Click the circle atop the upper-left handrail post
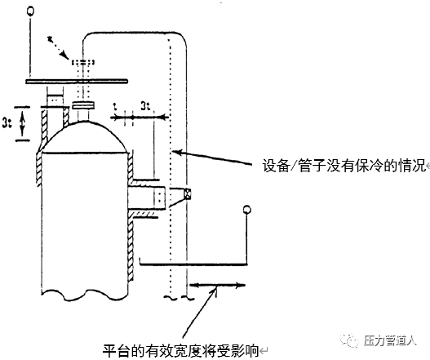[x=30, y=11]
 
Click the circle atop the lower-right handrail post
[x=246, y=210]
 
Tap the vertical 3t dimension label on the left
[x=7, y=122]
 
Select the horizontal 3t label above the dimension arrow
[x=145, y=106]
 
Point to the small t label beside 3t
[x=115, y=106]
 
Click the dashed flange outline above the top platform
[x=83, y=63]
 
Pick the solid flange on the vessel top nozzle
[x=83, y=105]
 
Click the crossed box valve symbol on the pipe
[x=188, y=193]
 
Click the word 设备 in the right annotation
[x=276, y=166]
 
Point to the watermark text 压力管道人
[x=390, y=341]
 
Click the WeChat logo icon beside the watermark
[x=349, y=340]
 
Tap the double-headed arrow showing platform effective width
[x=217, y=286]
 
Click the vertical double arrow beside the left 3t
[x=23, y=123]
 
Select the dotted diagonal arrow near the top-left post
[x=58, y=47]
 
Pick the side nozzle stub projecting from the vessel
[x=147, y=197]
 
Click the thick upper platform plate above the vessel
[x=77, y=81]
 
